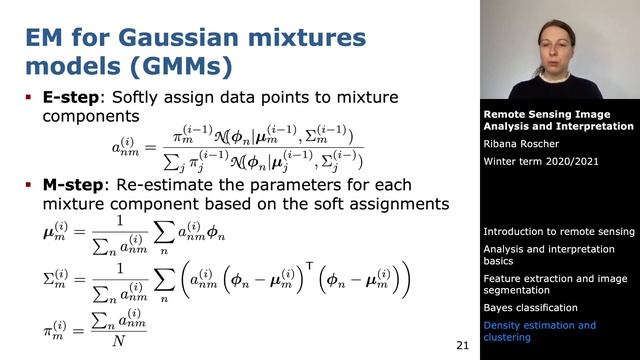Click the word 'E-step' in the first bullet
click(70, 97)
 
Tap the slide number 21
click(462, 345)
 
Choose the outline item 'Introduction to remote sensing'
click(558, 231)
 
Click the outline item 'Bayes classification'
click(530, 307)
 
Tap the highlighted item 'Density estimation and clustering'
click(539, 332)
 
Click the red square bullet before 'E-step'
click(30, 97)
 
